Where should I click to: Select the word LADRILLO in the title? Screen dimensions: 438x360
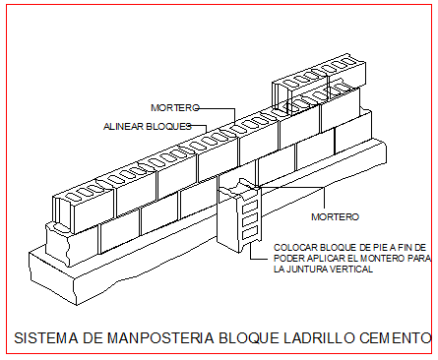pyautogui.click(x=319, y=338)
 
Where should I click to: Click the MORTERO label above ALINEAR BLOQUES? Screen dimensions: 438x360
pyautogui.click(x=175, y=107)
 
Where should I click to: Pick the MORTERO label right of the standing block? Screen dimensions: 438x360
pyautogui.click(x=335, y=216)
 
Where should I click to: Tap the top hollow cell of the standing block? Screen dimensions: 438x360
pyautogui.click(x=250, y=208)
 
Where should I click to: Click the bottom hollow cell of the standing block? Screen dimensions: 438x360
pyautogui.click(x=250, y=234)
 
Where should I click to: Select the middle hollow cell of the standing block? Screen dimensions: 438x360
pyautogui.click(x=250, y=220)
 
